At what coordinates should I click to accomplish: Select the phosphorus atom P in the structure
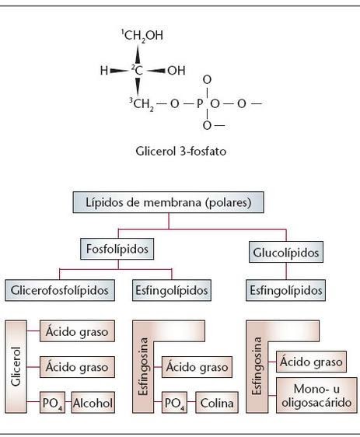pos(207,103)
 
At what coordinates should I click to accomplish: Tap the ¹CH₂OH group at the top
pos(142,36)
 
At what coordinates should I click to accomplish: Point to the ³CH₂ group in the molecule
pos(142,103)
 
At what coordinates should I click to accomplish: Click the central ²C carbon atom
pos(138,70)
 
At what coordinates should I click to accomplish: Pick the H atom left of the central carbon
pos(104,70)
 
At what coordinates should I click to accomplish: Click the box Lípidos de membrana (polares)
pos(169,202)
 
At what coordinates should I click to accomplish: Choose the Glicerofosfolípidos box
pos(59,290)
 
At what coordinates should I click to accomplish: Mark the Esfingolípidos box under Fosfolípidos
pos(173,290)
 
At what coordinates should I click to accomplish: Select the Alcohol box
pos(93,403)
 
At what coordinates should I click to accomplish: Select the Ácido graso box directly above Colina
pos(198,366)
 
